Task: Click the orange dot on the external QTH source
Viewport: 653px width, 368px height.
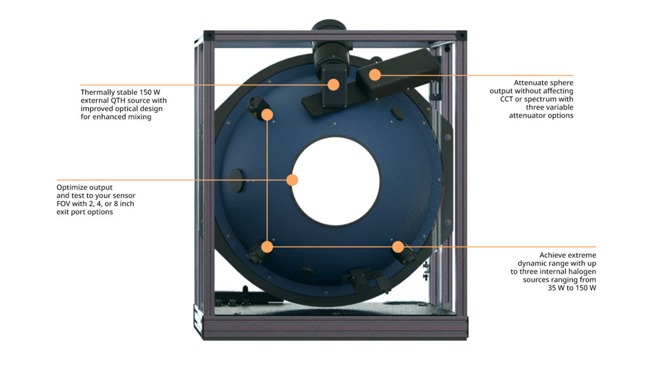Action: [334, 85]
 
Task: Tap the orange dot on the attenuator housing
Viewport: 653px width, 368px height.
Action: [374, 75]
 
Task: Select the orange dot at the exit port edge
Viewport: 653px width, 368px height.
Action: [292, 180]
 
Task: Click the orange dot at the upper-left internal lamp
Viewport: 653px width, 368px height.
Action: [267, 114]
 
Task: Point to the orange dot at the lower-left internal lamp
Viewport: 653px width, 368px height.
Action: [267, 246]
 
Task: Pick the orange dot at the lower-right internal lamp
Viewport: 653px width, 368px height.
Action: [398, 246]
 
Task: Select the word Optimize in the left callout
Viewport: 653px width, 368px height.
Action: [72, 187]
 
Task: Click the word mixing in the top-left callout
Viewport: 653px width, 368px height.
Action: [139, 117]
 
